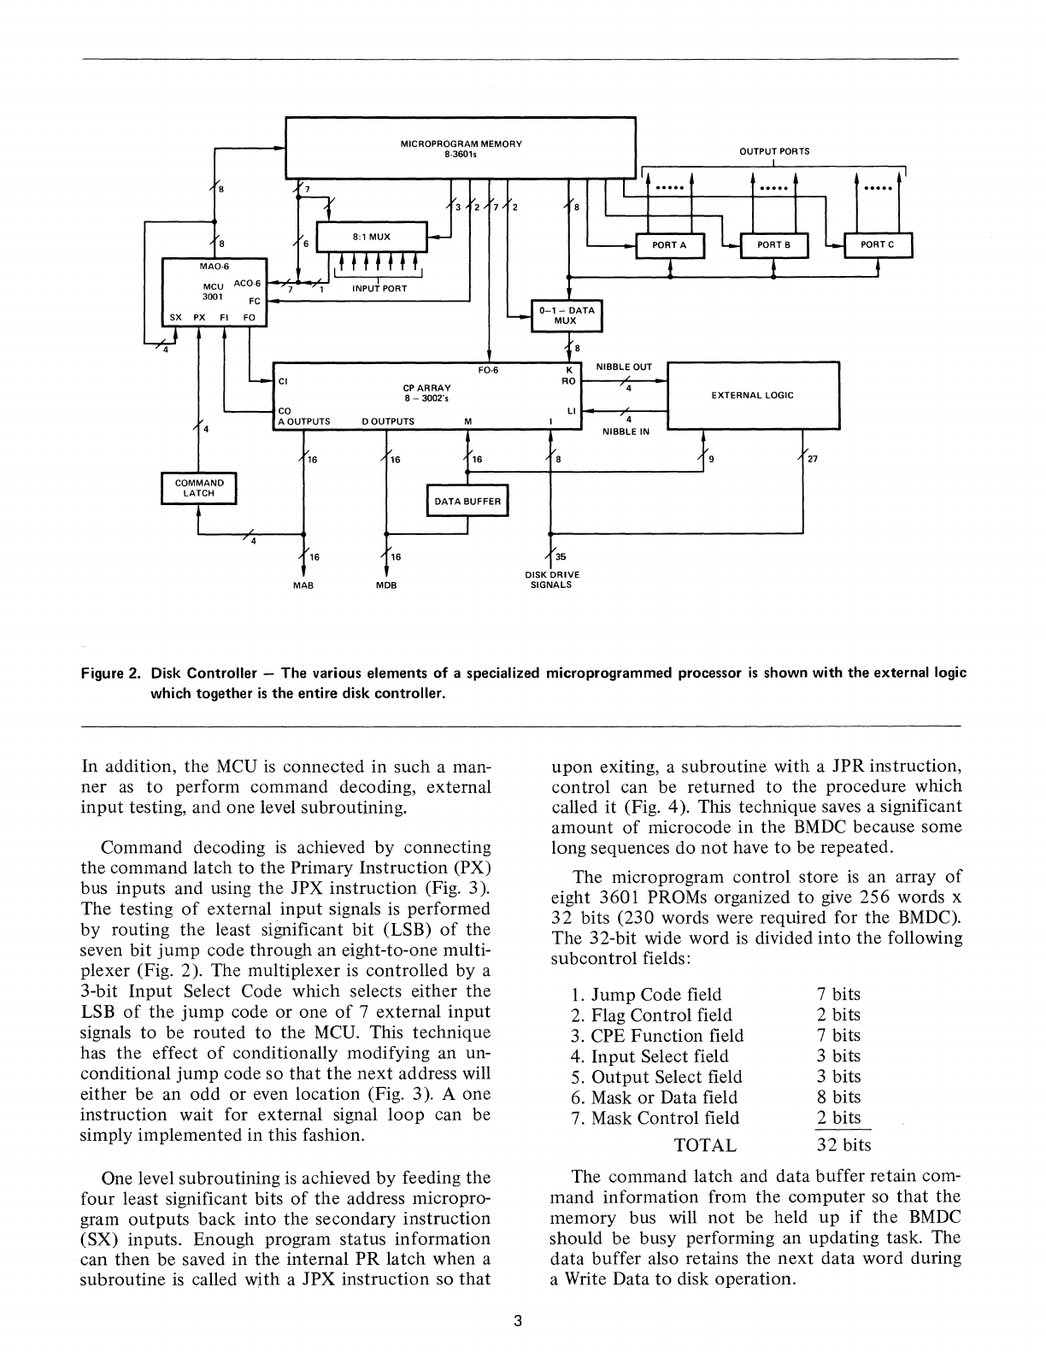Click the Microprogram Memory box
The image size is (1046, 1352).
click(x=461, y=146)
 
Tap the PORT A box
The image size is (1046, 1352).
click(x=670, y=245)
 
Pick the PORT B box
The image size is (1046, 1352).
click(x=774, y=245)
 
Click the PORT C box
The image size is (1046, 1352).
click(x=878, y=245)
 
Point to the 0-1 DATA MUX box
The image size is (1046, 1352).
click(x=566, y=315)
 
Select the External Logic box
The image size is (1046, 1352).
click(x=752, y=395)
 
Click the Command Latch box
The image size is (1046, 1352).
click(x=198, y=488)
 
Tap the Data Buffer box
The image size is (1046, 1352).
click(x=467, y=502)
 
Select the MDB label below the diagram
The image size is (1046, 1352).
click(x=386, y=585)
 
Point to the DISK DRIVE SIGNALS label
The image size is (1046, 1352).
click(x=551, y=580)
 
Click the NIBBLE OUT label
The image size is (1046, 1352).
click(x=624, y=367)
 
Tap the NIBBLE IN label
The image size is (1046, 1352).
click(x=626, y=432)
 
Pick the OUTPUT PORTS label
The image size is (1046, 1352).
click(x=774, y=151)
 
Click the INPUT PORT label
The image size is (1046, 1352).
click(x=379, y=289)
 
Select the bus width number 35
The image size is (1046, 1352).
click(x=561, y=556)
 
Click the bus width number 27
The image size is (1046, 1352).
click(x=813, y=459)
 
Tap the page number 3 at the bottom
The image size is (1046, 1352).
click(x=517, y=1321)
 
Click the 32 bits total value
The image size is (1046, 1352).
click(x=843, y=1144)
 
